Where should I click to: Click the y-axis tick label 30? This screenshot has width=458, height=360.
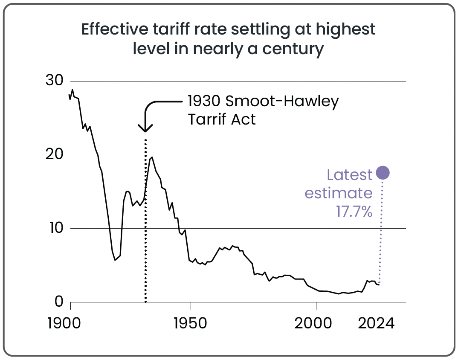[54, 81]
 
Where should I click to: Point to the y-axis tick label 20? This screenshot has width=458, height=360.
[54, 154]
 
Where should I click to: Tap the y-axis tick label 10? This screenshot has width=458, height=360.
[54, 228]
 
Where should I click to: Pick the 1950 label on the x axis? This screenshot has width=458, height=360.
[190, 323]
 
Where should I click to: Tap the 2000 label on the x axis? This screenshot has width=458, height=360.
[313, 323]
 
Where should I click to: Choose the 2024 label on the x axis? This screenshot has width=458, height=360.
[375, 323]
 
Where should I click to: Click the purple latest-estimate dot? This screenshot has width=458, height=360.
[383, 173]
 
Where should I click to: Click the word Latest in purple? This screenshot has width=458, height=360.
[350, 175]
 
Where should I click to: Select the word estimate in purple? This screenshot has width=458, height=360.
[339, 193]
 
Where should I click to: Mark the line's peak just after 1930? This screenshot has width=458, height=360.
[152, 157]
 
